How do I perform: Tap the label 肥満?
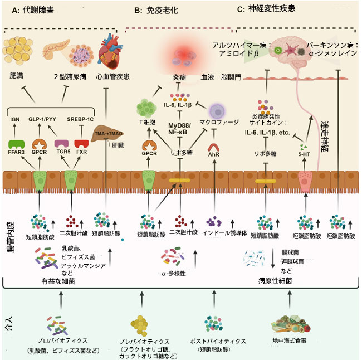click(x=17, y=76)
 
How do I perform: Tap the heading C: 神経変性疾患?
click(x=267, y=8)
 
